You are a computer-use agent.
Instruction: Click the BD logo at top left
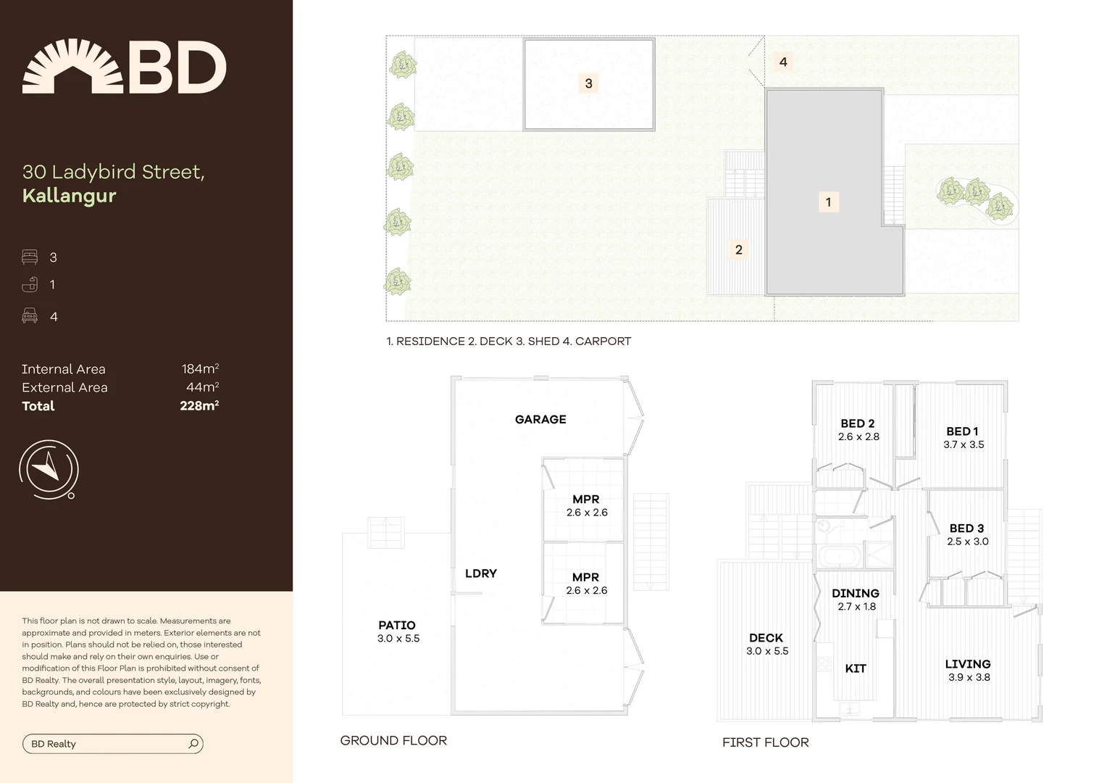click(124, 67)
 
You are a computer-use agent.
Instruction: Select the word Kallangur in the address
click(69, 196)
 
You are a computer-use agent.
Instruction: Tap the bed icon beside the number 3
click(30, 257)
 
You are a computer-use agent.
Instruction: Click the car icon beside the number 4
click(30, 315)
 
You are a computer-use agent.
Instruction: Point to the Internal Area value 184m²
click(200, 369)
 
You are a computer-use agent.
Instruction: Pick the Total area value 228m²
click(199, 406)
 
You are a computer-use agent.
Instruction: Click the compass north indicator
click(49, 468)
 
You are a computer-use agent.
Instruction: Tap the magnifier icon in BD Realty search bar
click(193, 744)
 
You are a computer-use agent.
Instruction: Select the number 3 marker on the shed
click(588, 83)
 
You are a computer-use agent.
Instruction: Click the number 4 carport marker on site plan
click(783, 62)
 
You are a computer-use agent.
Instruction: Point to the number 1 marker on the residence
click(828, 202)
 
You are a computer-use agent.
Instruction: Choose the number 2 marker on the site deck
click(738, 249)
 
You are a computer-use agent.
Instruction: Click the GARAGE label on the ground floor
click(540, 420)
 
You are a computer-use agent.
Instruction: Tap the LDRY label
click(481, 573)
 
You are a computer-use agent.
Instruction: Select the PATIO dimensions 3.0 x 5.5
click(398, 639)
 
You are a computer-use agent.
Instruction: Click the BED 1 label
click(962, 431)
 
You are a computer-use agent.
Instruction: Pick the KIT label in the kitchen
click(856, 668)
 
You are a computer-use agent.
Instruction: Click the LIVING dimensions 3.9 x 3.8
click(969, 677)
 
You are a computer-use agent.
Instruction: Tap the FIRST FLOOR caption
click(765, 742)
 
